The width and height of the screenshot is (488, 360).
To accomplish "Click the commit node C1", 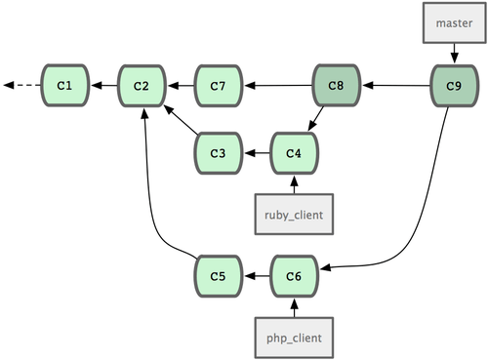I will pos(64,86).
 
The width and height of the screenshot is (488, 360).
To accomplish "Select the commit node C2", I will pos(142,86).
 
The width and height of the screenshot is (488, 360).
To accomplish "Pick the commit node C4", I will pos(294,152).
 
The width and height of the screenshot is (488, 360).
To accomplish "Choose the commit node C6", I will pos(294,277).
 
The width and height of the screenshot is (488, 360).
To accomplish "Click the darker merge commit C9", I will pos(454,86).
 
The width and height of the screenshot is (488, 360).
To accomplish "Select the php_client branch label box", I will pos(294,337).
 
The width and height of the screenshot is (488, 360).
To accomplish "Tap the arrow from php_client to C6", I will pos(294,306).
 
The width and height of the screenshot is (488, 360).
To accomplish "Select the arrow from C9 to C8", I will pos(395,86).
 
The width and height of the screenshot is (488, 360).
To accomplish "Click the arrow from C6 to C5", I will pos(257,277).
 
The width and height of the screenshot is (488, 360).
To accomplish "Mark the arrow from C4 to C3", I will pos(257,152).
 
